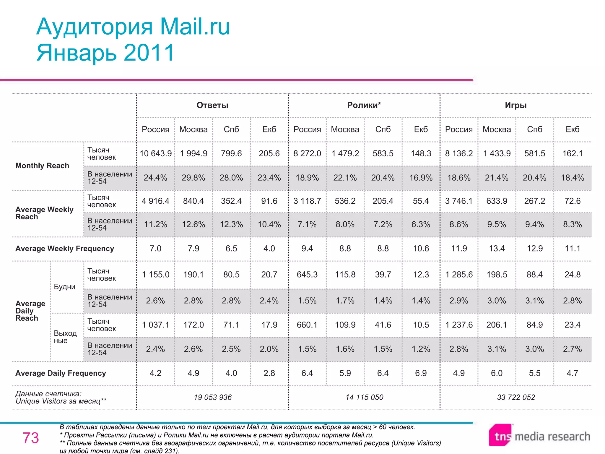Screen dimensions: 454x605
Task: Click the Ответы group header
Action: [212, 105]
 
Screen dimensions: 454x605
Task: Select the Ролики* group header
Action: [364, 105]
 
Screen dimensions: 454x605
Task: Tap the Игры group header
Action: [515, 105]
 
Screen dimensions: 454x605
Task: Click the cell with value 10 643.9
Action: [156, 153]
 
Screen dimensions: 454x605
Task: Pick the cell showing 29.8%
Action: [193, 178]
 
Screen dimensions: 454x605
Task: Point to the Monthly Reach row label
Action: [42, 166]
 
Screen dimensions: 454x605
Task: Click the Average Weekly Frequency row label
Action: [65, 249]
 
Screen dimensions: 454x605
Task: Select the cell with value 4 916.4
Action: [156, 201]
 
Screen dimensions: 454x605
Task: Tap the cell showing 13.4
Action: [497, 249]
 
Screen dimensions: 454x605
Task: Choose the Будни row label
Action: [65, 287]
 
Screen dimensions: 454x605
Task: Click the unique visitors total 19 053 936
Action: [213, 397]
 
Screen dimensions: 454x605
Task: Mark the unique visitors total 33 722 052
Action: [516, 397]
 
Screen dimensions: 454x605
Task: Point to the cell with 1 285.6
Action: [459, 275]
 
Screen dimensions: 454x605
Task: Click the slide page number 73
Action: [31, 438]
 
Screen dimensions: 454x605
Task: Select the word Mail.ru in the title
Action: [195, 27]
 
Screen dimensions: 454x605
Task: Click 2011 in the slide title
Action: [149, 53]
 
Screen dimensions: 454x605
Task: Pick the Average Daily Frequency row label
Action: [61, 373]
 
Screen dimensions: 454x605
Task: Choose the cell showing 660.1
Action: [307, 325]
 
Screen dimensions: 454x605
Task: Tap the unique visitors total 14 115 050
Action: [364, 397]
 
